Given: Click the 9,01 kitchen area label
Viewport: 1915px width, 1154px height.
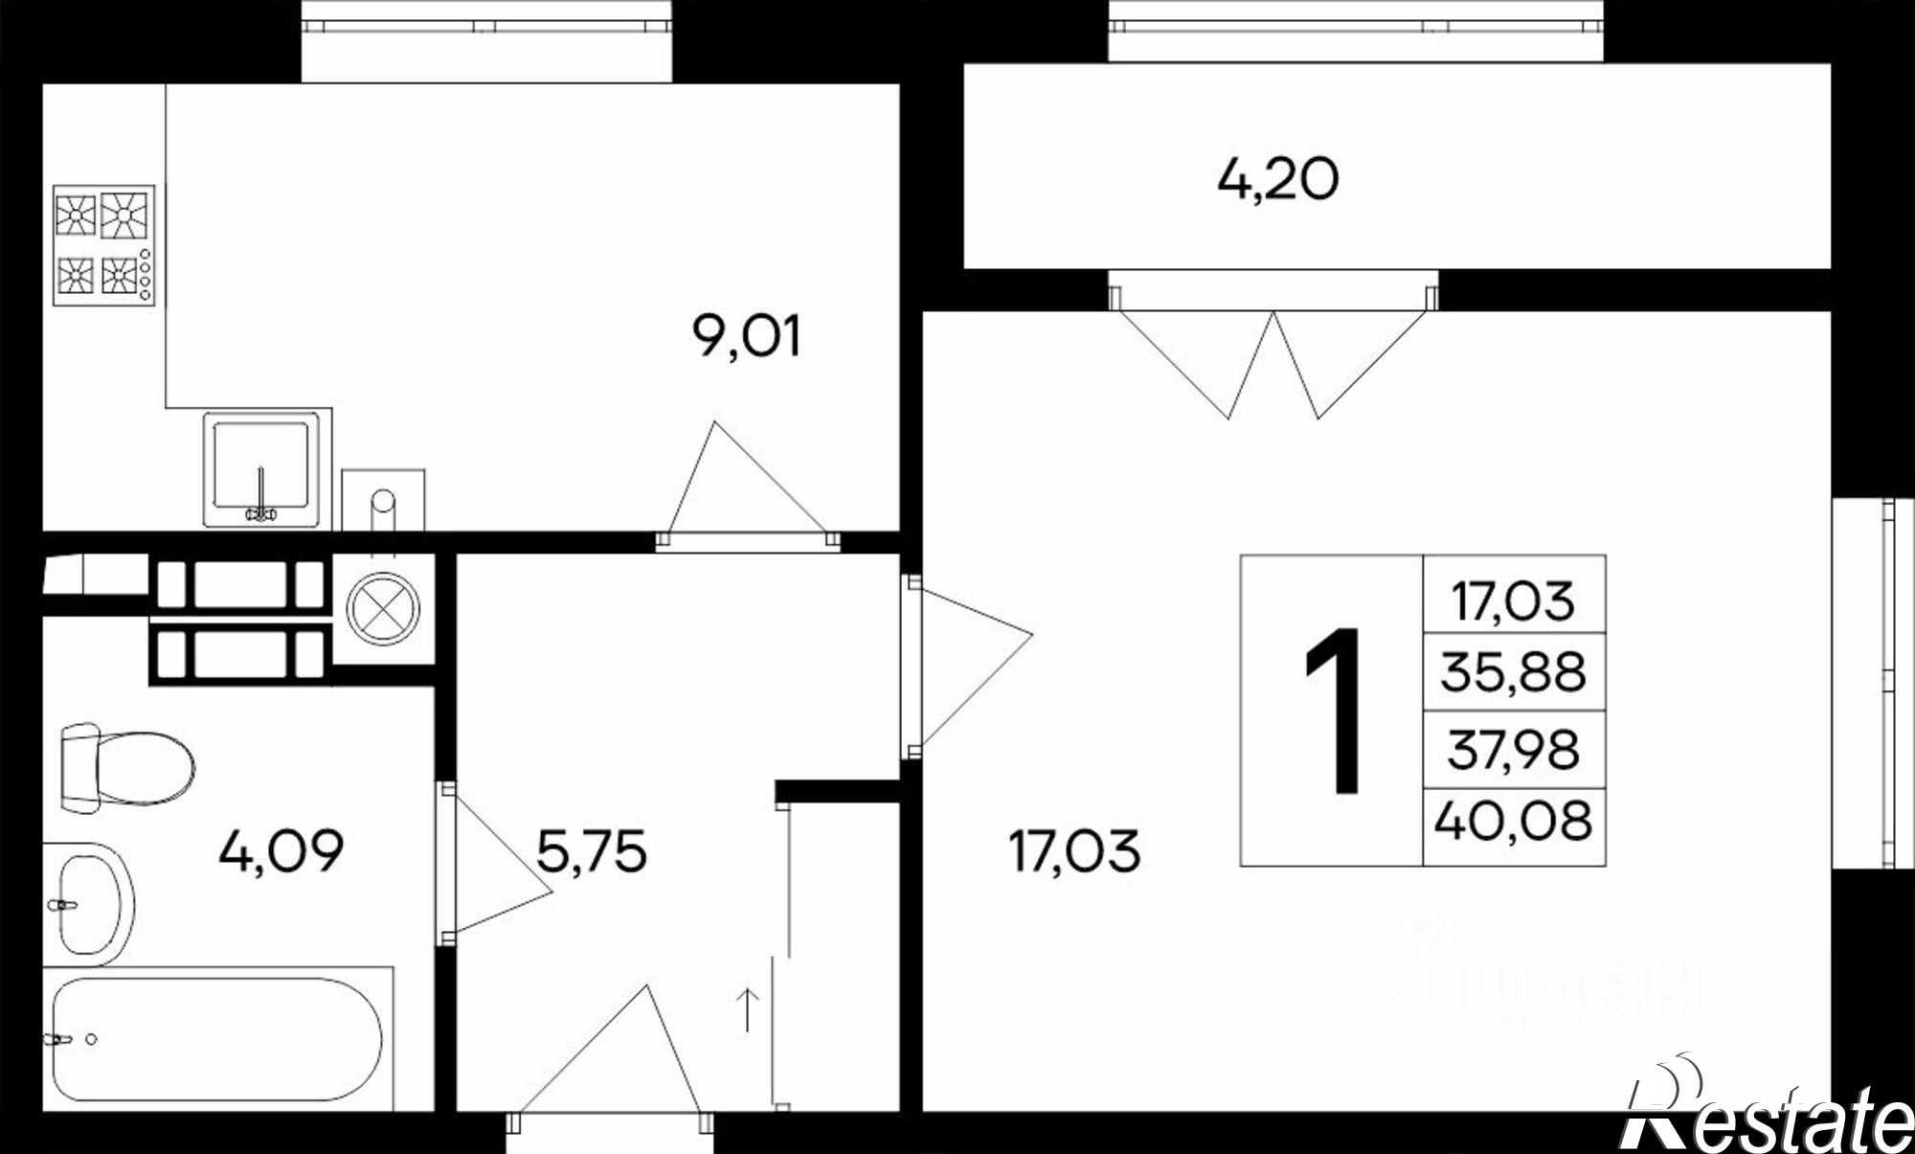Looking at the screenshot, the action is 746,337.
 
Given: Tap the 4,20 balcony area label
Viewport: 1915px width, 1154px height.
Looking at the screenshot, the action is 1277,179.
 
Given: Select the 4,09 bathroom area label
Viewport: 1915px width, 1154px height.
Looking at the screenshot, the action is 281,850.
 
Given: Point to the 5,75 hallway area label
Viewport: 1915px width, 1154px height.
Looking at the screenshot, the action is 592,850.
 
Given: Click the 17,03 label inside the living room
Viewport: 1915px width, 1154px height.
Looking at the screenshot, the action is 1074,850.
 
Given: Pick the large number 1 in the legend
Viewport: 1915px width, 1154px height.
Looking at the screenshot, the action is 1333,711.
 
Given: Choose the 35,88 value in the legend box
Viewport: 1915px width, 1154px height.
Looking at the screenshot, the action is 1513,671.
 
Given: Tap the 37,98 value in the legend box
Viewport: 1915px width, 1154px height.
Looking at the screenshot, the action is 1513,749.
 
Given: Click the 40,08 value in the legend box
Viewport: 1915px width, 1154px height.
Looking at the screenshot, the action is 1513,821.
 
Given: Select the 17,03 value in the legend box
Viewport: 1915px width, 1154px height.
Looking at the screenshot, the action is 1513,601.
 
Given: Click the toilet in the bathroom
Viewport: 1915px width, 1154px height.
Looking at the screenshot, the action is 127,768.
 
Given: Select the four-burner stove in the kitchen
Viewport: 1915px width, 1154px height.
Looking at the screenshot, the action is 103,245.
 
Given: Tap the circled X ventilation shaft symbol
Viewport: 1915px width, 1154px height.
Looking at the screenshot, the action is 383,608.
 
